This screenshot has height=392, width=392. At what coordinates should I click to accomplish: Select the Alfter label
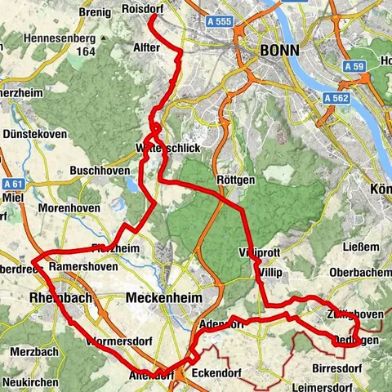[x=147, y=48]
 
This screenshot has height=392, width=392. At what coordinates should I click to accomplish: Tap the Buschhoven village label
[x=96, y=171]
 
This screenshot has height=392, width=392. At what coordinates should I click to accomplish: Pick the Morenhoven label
[x=73, y=208]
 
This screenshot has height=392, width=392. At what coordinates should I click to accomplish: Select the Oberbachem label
[x=359, y=273]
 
